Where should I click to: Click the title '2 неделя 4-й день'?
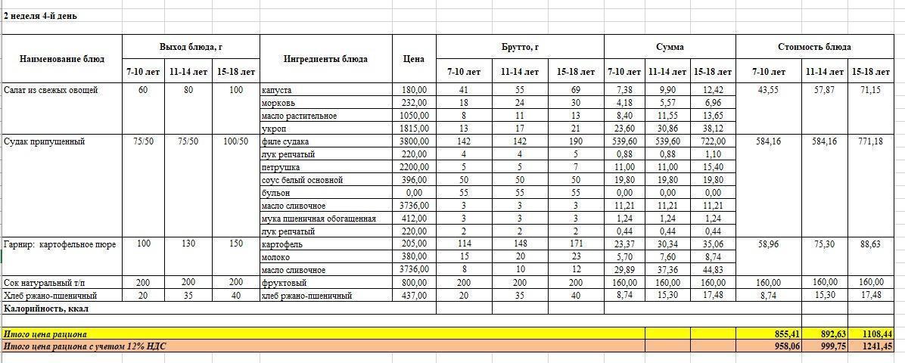click(x=40, y=16)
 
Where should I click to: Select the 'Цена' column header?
click(x=414, y=59)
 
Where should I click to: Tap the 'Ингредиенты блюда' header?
click(x=325, y=59)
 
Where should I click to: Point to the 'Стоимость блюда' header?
click(x=820, y=47)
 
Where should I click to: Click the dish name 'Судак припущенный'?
click(x=44, y=141)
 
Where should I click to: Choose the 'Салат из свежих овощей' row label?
click(x=51, y=90)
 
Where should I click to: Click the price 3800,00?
click(x=414, y=141)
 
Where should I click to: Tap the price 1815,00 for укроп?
click(x=414, y=129)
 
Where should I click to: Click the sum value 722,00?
click(x=713, y=141)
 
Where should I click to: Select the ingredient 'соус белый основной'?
click(x=302, y=180)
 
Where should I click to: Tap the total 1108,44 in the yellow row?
click(x=876, y=334)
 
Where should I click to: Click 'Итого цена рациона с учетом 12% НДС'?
click(x=85, y=346)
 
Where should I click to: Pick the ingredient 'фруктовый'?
click(x=285, y=283)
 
